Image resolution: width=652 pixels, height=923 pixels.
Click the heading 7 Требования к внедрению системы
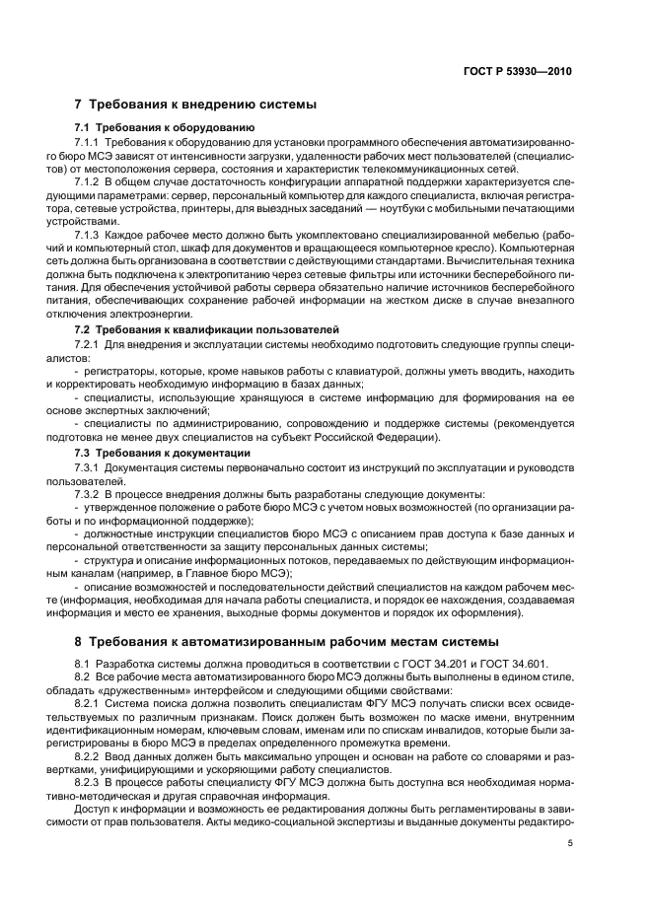pos(195,105)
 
